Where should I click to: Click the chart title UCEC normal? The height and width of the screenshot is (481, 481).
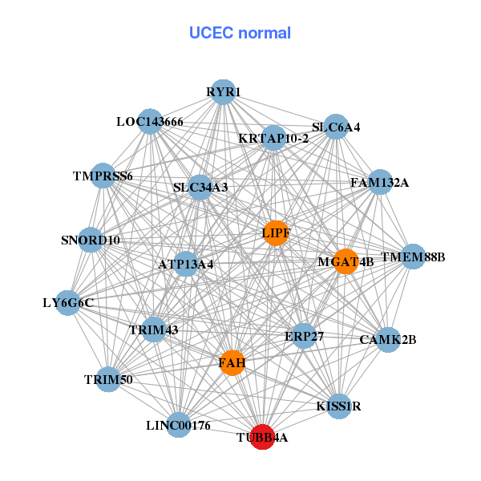point(240,33)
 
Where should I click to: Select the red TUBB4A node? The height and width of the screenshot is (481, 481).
point(262,437)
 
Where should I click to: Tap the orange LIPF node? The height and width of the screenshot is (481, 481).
point(276,233)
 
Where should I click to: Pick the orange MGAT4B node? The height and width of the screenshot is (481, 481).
point(346,261)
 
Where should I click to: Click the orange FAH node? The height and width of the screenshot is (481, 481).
point(232,363)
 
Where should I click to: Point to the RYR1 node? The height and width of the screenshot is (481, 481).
point(223,92)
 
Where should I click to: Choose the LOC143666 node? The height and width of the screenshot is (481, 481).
point(150,122)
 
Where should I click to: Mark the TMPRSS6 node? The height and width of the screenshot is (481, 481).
point(103,176)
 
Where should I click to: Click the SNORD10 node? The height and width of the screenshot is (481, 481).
point(91,240)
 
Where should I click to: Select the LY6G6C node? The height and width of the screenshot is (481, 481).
point(68,302)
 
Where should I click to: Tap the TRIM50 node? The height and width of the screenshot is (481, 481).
point(108,378)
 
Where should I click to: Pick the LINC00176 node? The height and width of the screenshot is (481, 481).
point(179,425)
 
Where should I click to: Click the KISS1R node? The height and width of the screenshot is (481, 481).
point(339,406)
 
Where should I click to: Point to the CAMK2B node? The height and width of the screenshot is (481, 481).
point(388,339)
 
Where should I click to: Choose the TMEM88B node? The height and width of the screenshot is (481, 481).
point(413,257)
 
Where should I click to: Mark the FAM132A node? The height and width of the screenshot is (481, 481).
point(380,182)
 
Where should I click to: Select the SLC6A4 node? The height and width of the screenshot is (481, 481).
point(336,127)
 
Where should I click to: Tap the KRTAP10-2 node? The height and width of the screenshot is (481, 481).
point(273,138)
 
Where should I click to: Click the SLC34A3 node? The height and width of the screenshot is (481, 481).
point(200,188)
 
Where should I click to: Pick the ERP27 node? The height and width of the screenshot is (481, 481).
point(304,336)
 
